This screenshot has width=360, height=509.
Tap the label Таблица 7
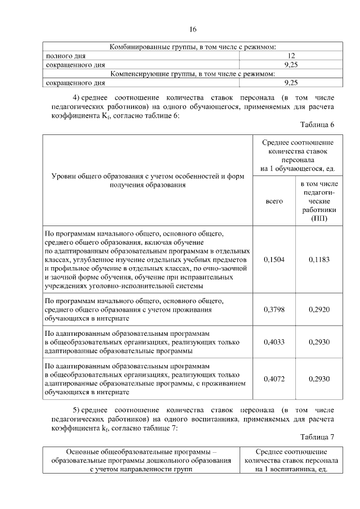317,436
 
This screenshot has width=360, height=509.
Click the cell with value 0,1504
274,260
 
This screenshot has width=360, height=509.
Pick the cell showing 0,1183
319,260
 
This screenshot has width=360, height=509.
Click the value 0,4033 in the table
274,342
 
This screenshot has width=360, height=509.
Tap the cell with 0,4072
274,379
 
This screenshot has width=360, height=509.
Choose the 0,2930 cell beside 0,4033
319,342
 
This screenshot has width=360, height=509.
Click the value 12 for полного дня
291,56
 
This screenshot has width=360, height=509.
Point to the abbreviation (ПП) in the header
319,218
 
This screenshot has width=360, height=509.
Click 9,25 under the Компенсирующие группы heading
291,83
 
